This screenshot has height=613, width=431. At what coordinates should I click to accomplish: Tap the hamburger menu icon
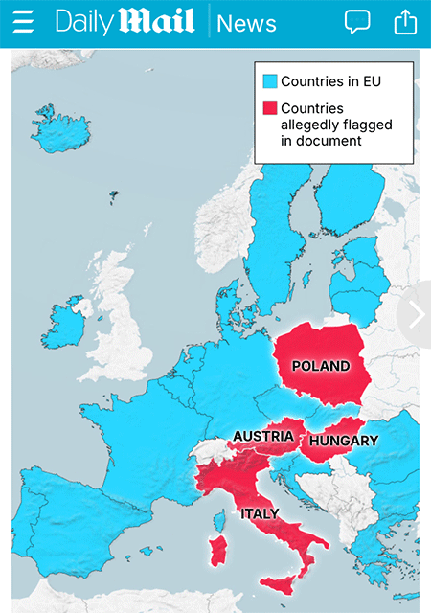[23, 22]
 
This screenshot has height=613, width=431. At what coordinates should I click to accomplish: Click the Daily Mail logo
[125, 22]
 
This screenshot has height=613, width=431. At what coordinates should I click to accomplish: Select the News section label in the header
[246, 23]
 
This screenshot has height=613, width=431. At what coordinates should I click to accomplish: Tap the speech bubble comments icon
[357, 22]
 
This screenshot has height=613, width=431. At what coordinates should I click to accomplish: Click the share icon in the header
[406, 22]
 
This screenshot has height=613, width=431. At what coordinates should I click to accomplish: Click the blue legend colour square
[269, 81]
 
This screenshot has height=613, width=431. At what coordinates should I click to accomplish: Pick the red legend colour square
[269, 108]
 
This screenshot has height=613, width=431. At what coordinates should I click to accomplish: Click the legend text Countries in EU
[330, 81]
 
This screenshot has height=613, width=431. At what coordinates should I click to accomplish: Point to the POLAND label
[321, 366]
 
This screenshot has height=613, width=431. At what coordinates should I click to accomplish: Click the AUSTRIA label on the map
[262, 437]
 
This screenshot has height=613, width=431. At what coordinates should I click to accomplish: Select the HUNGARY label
[345, 441]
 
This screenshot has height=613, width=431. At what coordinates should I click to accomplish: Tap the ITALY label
[260, 513]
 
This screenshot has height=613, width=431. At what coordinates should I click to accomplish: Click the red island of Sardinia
[219, 552]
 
